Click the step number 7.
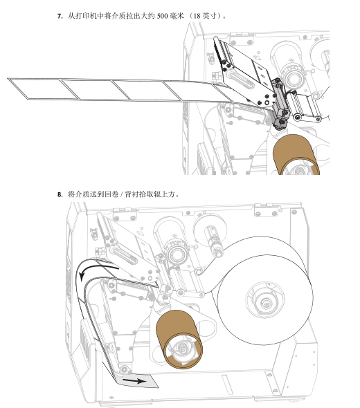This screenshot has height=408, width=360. (60, 16)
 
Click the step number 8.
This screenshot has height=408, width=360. (60, 194)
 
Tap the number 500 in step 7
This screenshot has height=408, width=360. (162, 16)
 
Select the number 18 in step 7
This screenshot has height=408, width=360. (197, 16)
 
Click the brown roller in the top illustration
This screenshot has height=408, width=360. (296, 155)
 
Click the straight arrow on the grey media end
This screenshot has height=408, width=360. (134, 381)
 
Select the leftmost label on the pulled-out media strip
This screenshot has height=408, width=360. (44, 89)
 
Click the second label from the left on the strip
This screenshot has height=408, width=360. (96, 90)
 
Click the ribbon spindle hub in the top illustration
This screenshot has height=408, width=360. (295, 77)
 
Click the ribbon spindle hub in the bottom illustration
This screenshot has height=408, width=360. (177, 254)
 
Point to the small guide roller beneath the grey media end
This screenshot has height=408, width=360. (124, 369)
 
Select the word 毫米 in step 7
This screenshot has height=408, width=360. (177, 16)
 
